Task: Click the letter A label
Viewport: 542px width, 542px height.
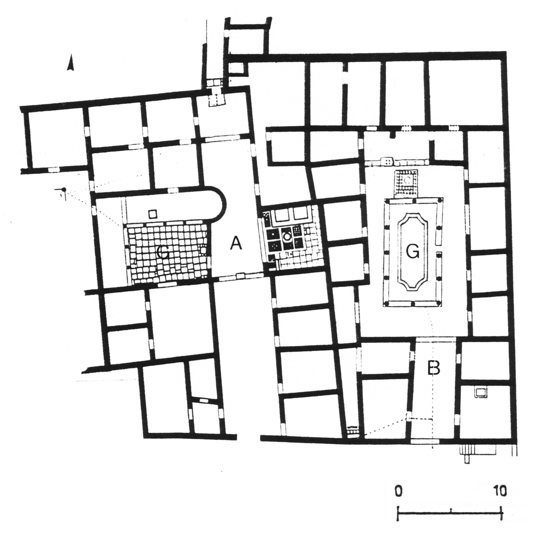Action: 236,243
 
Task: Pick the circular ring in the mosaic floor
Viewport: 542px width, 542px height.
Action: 287,236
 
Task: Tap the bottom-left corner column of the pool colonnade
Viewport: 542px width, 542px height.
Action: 387,303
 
